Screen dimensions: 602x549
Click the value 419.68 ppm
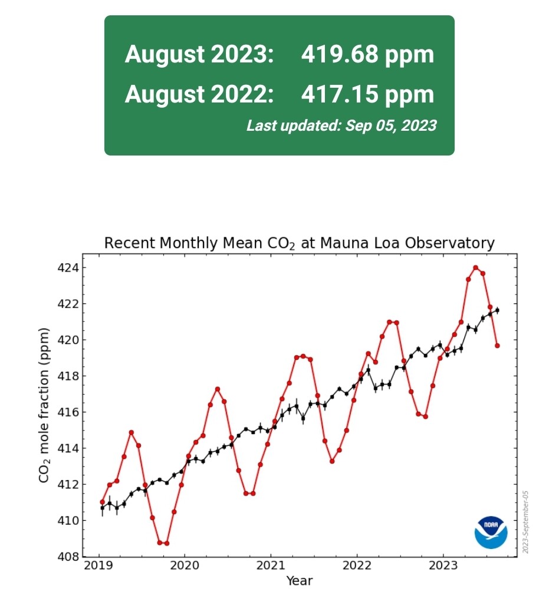click(367, 55)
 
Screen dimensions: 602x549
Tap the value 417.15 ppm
click(367, 94)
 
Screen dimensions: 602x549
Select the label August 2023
click(199, 55)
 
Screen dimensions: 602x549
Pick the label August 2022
click(199, 94)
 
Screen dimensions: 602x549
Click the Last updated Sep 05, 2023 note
click(341, 125)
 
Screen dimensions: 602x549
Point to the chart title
click(299, 243)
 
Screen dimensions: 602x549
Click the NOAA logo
click(491, 531)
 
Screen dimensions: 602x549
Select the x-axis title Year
click(299, 581)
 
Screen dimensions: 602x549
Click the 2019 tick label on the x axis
click(98, 566)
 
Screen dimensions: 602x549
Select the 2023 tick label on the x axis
click(443, 566)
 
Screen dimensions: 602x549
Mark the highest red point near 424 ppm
click(475, 268)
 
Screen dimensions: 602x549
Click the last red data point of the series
click(497, 346)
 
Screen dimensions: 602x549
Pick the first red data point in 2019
click(103, 502)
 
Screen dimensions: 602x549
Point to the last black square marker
click(497, 310)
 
